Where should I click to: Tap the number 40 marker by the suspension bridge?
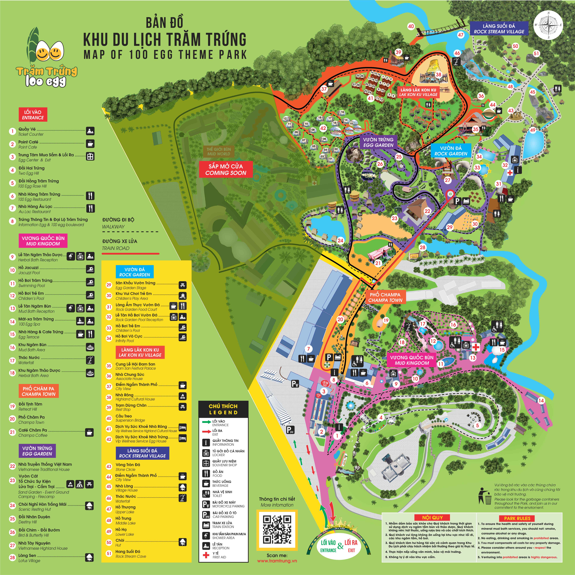pyautogui.click(x=411, y=26)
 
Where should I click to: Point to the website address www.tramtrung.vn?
pyautogui.click(x=277, y=561)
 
